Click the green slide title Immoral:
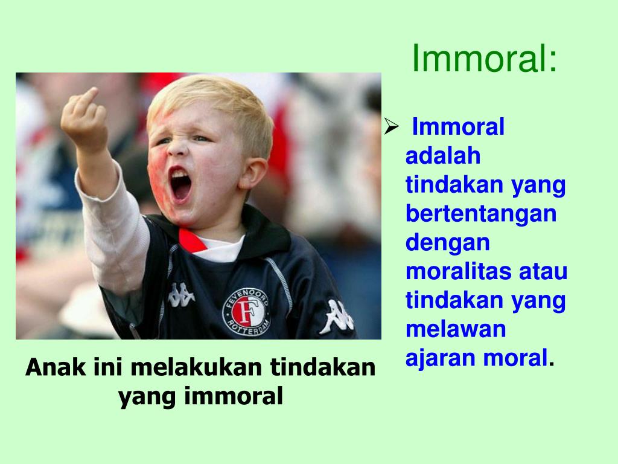click(485, 59)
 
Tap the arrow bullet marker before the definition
click(392, 127)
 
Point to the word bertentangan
click(481, 214)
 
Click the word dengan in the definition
click(447, 243)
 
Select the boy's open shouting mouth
click(180, 185)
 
